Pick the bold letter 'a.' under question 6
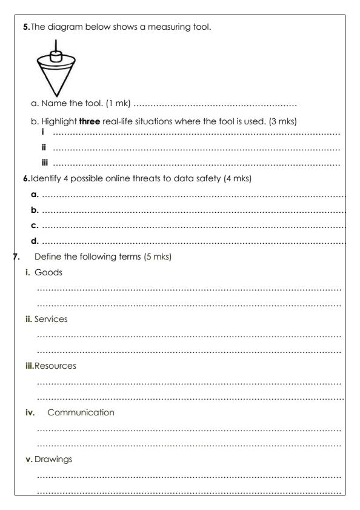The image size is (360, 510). click(35, 195)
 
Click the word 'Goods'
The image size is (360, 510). click(48, 272)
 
